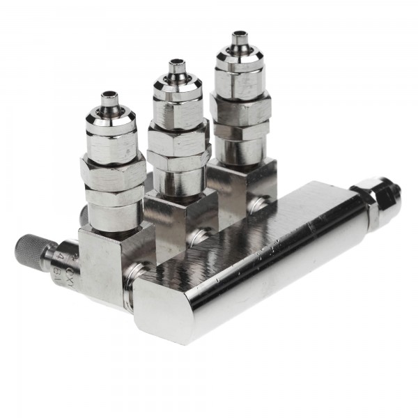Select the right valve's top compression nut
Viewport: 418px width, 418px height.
(x=239, y=72)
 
